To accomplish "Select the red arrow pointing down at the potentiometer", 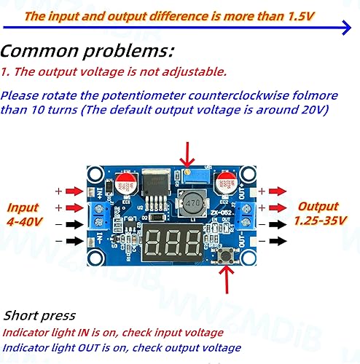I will tap(192, 151).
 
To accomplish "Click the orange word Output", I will tap(318, 207).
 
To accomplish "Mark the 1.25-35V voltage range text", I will tap(319, 220).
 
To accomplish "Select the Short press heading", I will tap(39, 315).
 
